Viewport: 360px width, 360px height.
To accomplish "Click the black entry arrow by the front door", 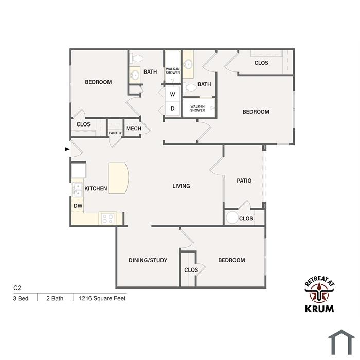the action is [x=67, y=149].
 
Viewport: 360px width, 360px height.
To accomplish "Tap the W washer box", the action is [x=172, y=94].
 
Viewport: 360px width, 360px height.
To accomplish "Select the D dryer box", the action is [x=172, y=109].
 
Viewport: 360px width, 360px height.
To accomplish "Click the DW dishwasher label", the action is [x=78, y=206].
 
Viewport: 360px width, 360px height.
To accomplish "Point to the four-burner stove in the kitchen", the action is [x=107, y=218].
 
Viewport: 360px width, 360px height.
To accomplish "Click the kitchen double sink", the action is [x=77, y=190].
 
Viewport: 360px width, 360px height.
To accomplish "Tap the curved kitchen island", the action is [x=118, y=178].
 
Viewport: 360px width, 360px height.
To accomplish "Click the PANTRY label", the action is [x=115, y=133].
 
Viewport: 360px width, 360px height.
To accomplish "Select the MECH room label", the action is [x=134, y=129].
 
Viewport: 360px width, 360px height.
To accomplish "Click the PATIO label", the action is [x=244, y=181].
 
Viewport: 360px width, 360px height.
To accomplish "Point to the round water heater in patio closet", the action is [x=232, y=218].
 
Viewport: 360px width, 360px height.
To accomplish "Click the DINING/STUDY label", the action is [x=148, y=260].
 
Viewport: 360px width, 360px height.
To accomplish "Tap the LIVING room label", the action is [x=181, y=186].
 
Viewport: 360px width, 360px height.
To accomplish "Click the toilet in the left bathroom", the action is [x=136, y=59].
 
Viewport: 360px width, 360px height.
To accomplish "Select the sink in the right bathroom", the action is [x=188, y=64].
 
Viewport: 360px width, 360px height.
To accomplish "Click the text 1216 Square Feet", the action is [x=102, y=298].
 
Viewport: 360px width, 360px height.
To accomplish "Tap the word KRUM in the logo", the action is [x=319, y=309].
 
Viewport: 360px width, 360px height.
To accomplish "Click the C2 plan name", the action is [x=17, y=288].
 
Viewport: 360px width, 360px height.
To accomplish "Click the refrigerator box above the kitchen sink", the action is [x=79, y=170].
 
